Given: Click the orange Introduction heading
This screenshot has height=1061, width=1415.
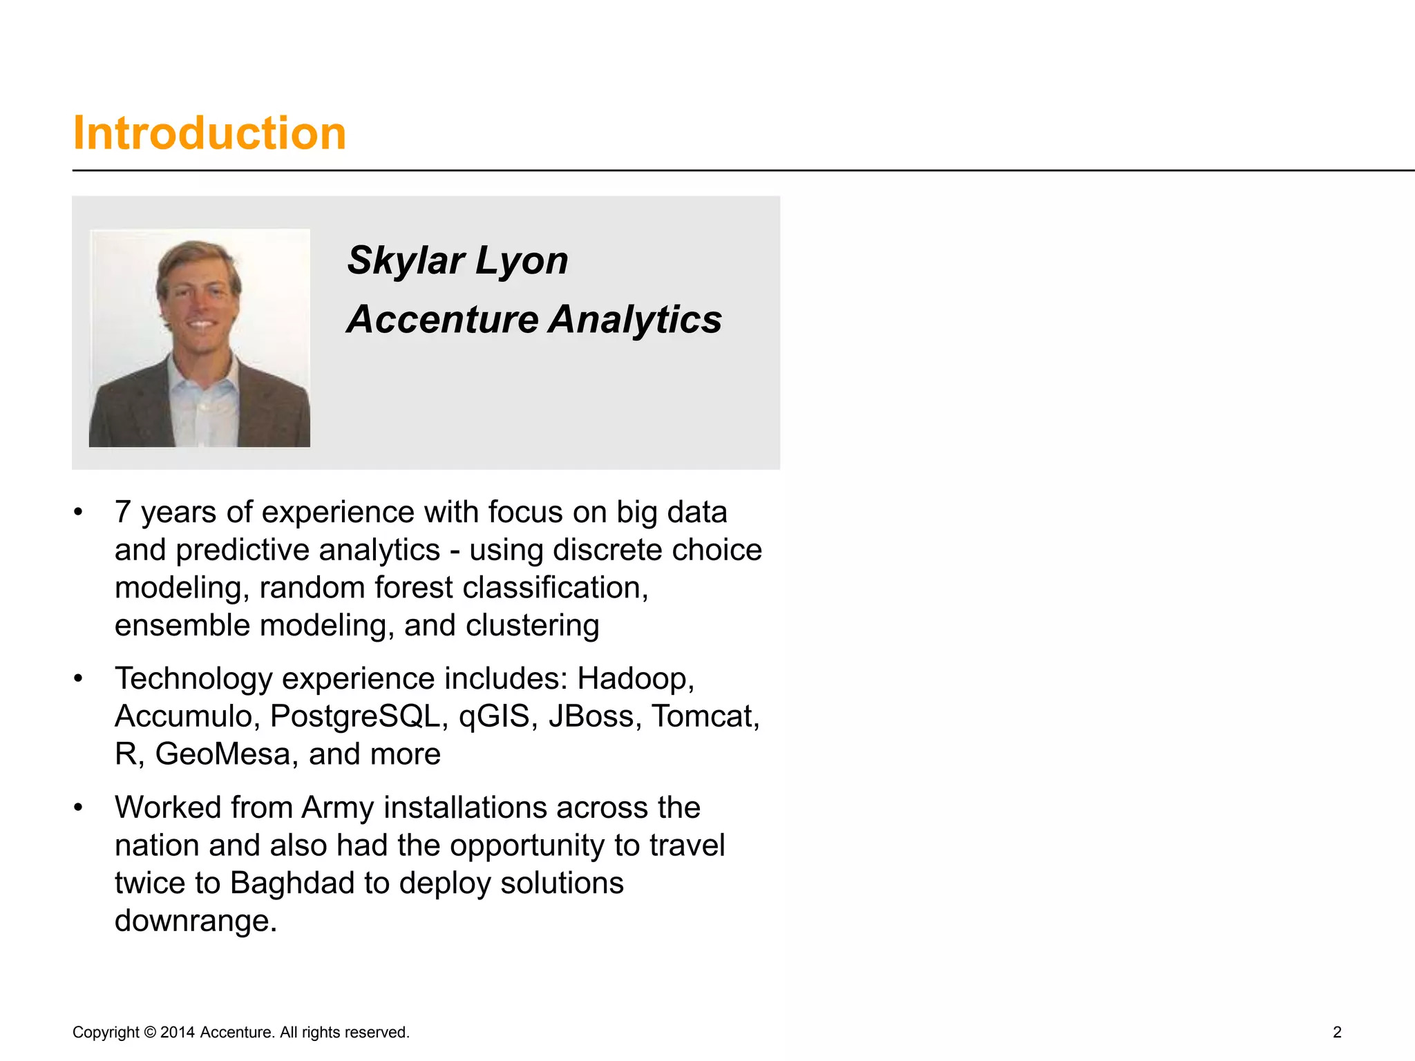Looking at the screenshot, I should tap(209, 133).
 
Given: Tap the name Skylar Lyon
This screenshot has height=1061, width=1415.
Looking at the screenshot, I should tap(457, 261).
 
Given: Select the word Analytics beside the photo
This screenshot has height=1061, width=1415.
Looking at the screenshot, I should tap(636, 320).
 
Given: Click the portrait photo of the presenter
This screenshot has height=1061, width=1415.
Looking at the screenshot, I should tap(200, 338).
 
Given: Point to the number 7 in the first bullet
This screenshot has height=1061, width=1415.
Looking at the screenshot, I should tap(123, 513).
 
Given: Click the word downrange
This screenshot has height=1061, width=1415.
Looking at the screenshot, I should tap(196, 921).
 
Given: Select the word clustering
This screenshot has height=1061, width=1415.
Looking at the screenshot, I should tap(532, 626).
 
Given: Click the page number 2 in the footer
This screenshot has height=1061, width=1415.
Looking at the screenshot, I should tap(1337, 1032).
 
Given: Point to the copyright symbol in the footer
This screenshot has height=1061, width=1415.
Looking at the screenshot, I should tap(150, 1033).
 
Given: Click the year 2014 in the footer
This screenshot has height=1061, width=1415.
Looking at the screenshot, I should tap(178, 1033).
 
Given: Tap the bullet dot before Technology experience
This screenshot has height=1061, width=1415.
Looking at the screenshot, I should tap(79, 679).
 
